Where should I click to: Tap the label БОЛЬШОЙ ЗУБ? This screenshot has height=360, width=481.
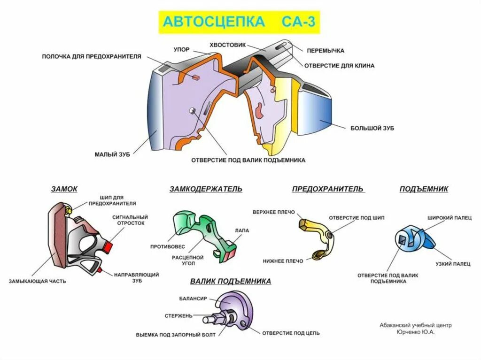(x=372, y=128)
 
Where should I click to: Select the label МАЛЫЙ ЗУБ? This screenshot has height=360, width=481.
(x=112, y=154)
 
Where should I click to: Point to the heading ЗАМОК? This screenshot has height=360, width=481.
(x=64, y=189)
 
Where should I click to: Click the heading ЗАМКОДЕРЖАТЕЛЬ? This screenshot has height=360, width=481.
(x=206, y=189)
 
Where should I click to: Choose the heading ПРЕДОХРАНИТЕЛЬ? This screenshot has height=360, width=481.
(x=327, y=189)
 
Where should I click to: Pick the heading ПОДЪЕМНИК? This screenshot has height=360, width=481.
(x=424, y=189)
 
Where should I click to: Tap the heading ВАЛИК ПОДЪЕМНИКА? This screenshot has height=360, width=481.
(x=231, y=281)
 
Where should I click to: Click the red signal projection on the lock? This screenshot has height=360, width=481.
(x=109, y=246)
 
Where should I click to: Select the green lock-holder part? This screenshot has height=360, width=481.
(x=202, y=230)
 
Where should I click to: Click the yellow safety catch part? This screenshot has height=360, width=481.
(x=319, y=235)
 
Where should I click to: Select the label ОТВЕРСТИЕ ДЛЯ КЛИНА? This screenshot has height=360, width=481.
(x=339, y=66)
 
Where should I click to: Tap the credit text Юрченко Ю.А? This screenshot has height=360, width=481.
(x=415, y=332)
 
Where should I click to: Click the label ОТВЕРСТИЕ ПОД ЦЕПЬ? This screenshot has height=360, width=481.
(x=291, y=333)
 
